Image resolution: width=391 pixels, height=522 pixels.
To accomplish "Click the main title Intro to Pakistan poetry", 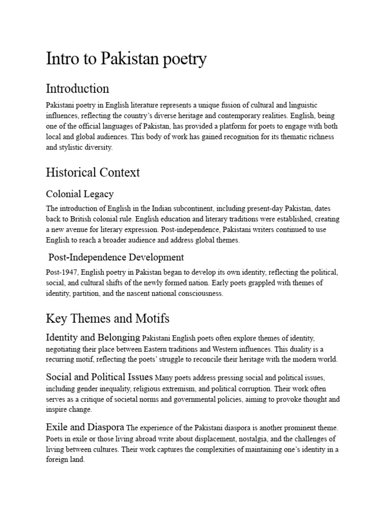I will point(126,59).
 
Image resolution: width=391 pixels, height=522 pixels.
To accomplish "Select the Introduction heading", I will point(77,89).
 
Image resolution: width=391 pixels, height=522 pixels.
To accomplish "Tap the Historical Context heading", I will point(93,172).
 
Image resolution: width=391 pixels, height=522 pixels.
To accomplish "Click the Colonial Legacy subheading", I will point(80,194).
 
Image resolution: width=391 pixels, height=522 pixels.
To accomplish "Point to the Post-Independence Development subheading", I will point(116,257).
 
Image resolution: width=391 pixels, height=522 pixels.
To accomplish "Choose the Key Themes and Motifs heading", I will point(107,319).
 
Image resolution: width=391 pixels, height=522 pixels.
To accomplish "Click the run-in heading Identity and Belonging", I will point(93,337).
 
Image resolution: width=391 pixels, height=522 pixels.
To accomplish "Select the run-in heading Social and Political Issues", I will point(99,378).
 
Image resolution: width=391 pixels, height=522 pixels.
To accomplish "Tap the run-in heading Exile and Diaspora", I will point(85,427).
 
